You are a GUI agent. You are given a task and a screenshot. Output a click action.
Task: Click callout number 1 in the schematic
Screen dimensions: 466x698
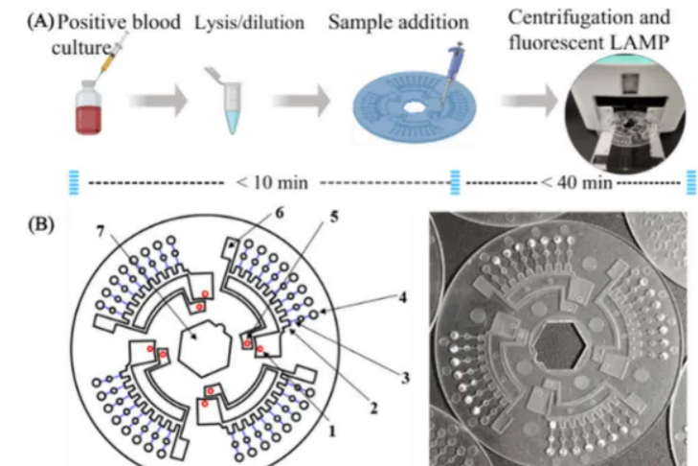click(330, 431)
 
